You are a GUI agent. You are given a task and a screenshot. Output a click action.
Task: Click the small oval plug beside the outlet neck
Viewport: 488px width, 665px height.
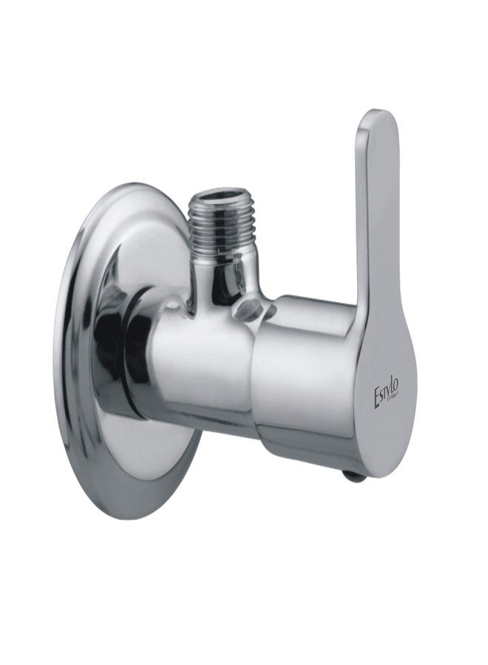coord(251,310)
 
